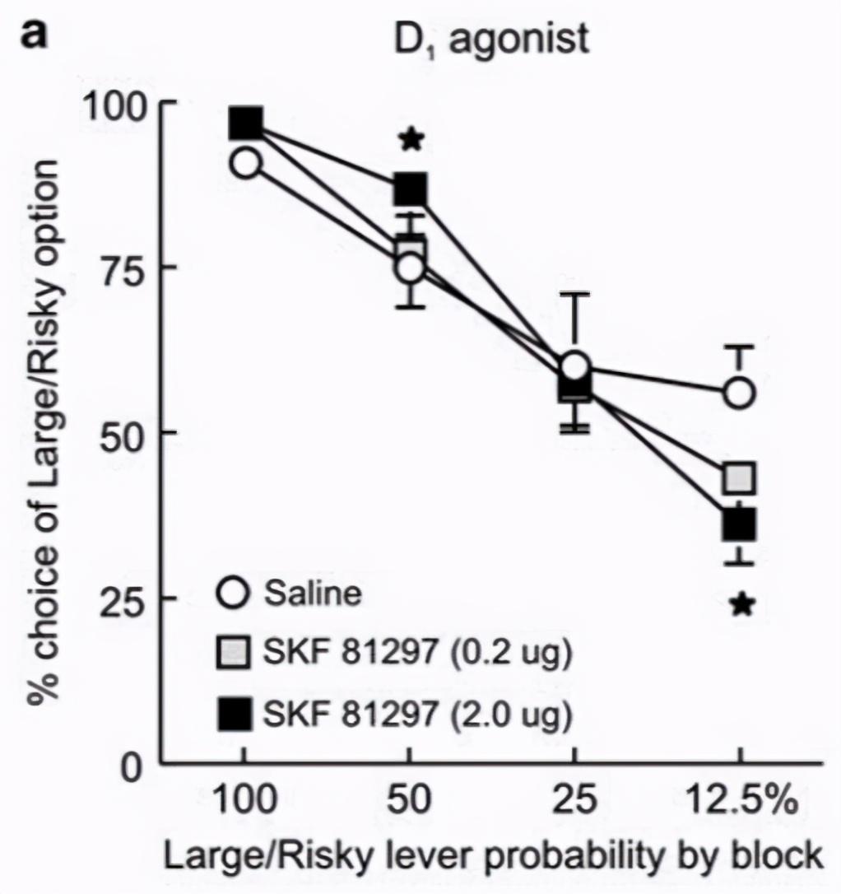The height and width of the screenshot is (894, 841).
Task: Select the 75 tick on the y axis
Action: (130, 268)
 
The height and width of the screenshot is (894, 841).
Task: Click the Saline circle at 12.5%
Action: (739, 393)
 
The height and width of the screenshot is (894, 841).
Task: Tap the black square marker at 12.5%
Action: (739, 522)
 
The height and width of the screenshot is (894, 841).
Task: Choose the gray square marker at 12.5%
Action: (739, 477)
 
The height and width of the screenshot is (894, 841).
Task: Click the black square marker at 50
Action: (411, 189)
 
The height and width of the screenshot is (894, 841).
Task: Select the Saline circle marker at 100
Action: (245, 163)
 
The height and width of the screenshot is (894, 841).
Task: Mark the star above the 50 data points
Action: (411, 140)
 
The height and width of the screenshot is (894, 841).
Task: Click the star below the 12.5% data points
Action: (741, 605)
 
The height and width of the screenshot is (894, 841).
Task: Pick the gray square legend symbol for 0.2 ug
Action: (235, 654)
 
